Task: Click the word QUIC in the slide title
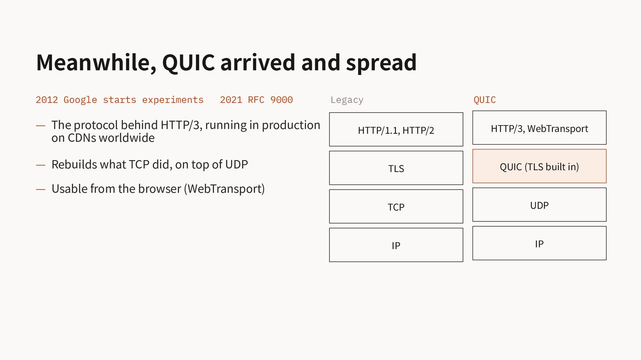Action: pos(189,63)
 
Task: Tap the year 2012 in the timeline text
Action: pos(47,100)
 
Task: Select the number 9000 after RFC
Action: pos(281,100)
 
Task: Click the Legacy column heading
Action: pos(347,100)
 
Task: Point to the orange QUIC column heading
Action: pos(484,100)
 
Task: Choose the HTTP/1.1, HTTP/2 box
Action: pos(396,129)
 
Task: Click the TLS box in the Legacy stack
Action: pos(396,168)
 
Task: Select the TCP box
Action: pos(396,207)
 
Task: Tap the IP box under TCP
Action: pos(396,245)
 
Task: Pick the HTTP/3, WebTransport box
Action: pos(540,128)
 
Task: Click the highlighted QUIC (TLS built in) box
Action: pos(540,166)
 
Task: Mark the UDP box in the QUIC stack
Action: pos(540,205)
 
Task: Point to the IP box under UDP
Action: pos(540,243)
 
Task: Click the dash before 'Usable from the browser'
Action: pos(41,190)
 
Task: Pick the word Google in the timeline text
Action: pos(80,100)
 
